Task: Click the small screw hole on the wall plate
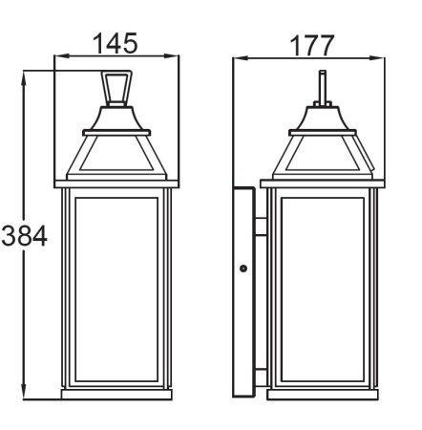point(243,269)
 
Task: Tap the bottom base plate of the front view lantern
point(116,394)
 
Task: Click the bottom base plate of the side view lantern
point(321,394)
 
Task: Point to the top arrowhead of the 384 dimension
point(24,75)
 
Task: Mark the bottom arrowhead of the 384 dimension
point(24,393)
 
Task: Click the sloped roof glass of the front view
point(116,153)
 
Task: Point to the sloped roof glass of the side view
point(321,153)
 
